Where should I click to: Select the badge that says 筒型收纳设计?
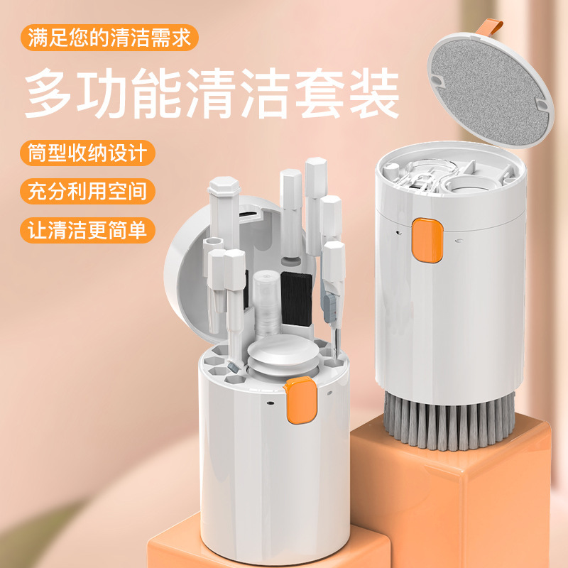click(x=89, y=153)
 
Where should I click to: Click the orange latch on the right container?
click(x=427, y=241)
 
